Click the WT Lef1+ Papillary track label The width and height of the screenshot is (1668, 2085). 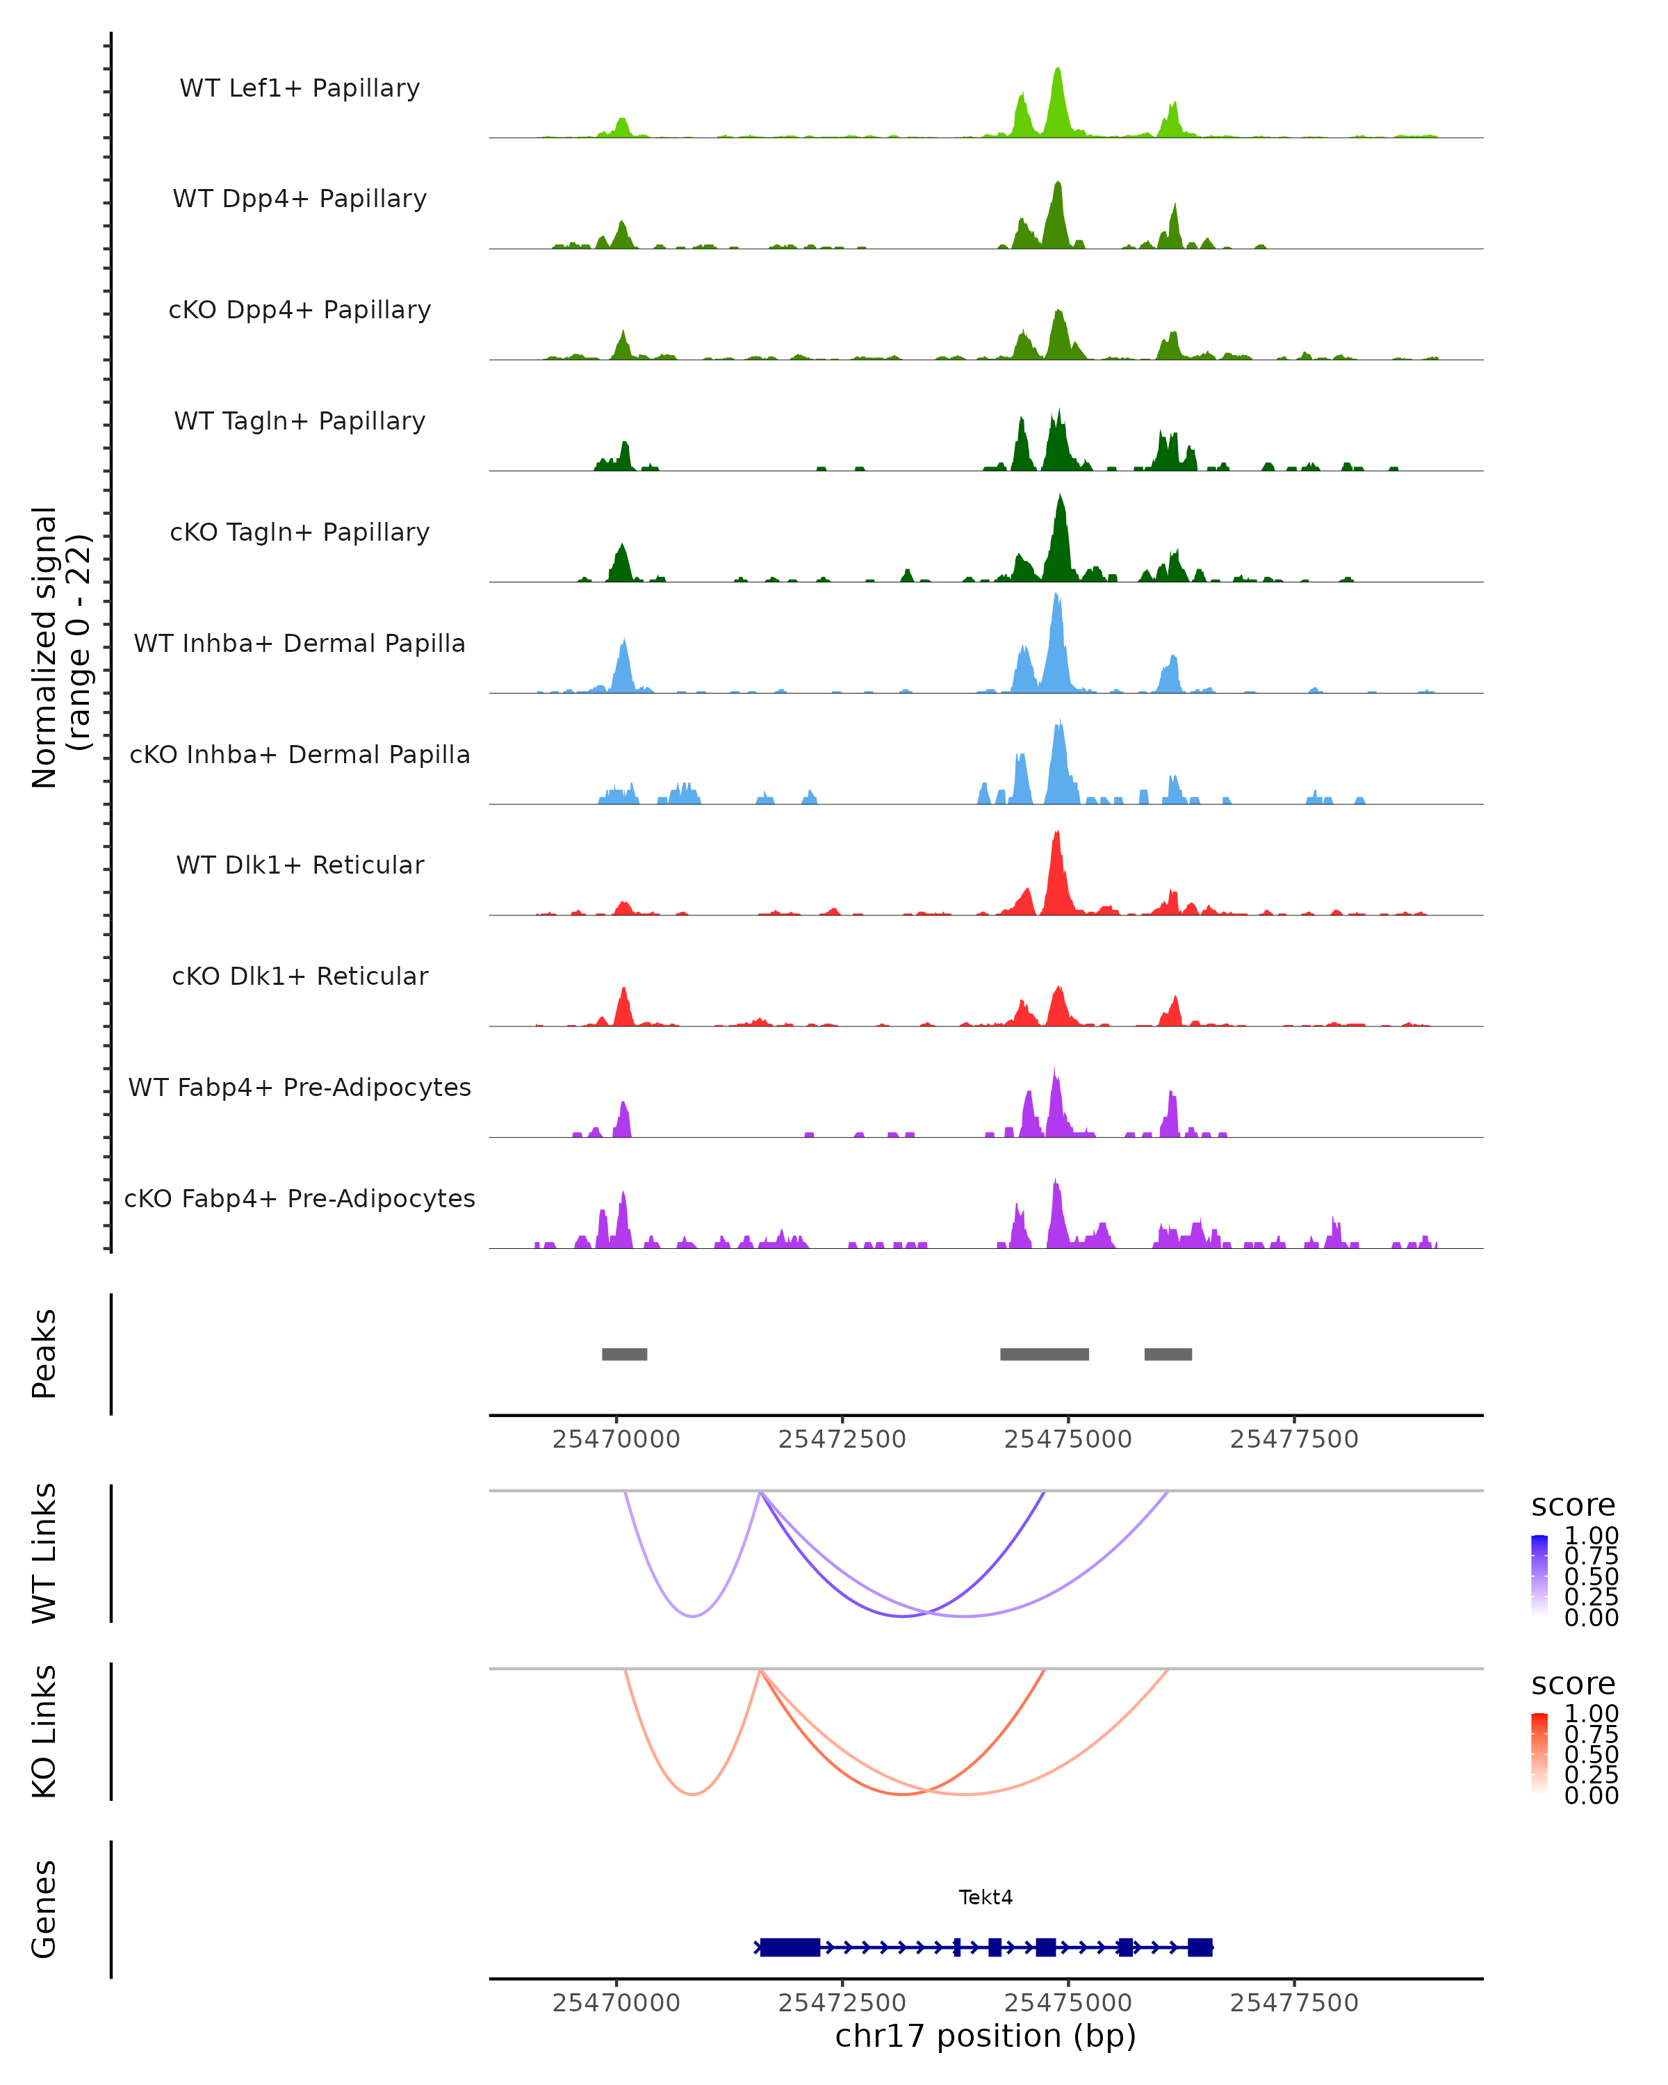coord(300,88)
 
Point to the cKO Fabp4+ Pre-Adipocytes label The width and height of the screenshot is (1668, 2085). coord(300,1198)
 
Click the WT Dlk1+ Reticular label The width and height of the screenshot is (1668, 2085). coord(300,865)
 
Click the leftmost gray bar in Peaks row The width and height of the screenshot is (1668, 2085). coord(625,1354)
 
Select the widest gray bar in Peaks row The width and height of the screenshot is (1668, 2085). coord(1045,1354)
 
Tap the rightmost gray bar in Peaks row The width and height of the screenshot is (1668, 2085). coord(1168,1354)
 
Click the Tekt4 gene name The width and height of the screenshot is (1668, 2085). coord(986,1897)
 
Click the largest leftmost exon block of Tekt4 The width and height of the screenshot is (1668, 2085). coord(790,1947)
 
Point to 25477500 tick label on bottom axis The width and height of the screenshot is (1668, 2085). coord(1294,2003)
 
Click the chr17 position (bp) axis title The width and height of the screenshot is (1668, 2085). coord(986,2036)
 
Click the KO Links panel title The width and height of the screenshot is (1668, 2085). coord(44,1731)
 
